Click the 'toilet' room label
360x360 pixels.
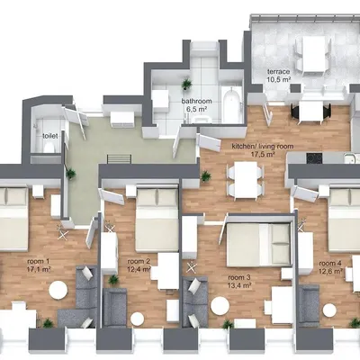49,136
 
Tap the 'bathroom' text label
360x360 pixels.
196,101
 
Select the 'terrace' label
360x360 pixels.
279,72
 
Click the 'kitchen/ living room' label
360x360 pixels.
263,147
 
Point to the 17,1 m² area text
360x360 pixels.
39,269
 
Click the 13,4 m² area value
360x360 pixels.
239,285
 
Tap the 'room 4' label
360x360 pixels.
330,264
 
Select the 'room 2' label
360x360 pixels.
139,262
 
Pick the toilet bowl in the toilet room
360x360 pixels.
49,148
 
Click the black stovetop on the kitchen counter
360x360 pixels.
314,157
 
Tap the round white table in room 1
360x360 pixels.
58,290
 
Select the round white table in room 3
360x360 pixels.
220,306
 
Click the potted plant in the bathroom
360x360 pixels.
186,84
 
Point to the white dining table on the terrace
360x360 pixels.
314,56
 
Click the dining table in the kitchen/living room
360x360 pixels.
246,180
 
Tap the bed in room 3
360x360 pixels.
258,245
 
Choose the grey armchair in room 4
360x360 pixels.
309,305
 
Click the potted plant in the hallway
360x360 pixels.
71,174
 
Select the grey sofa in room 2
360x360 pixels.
115,307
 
